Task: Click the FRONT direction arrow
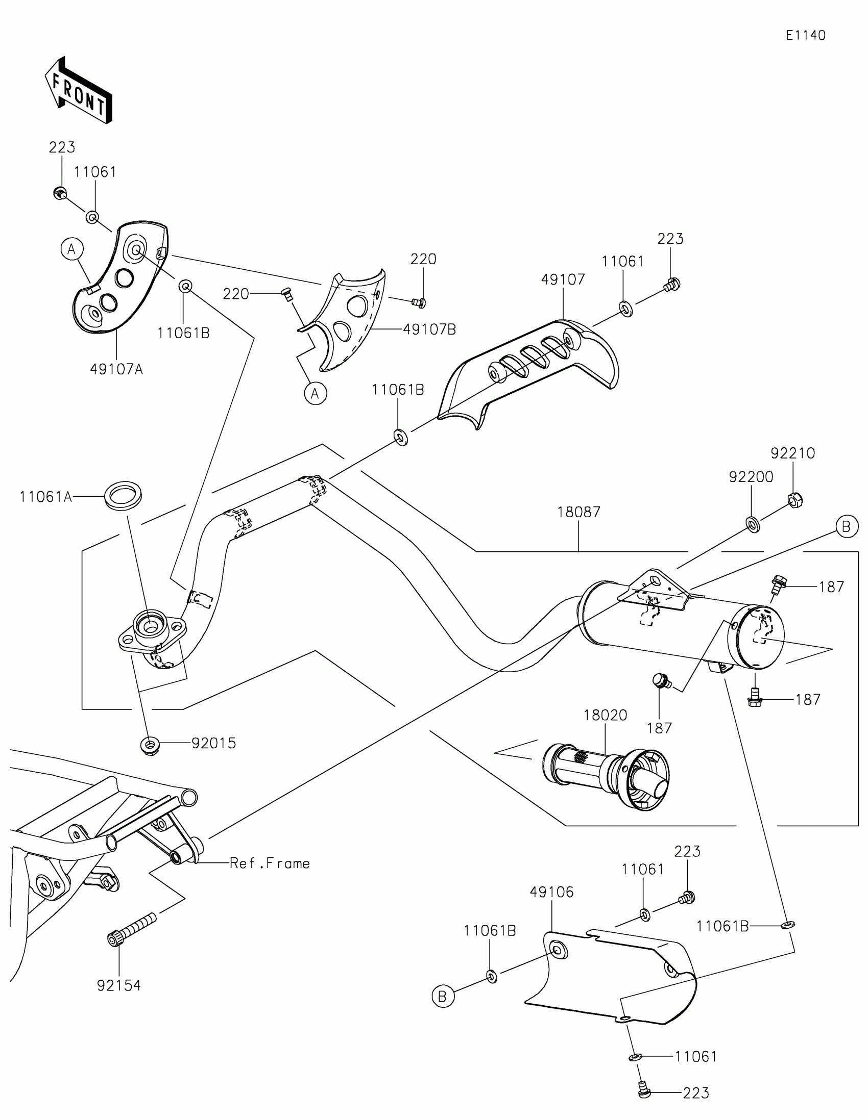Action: point(79,90)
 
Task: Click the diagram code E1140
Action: point(805,35)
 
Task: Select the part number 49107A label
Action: point(116,369)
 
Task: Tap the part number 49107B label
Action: point(429,329)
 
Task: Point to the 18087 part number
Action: point(578,512)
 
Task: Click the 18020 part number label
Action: point(605,716)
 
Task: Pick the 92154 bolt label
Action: point(119,986)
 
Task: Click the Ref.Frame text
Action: point(270,863)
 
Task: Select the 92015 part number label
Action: point(214,743)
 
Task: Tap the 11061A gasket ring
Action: point(124,495)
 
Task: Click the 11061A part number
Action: point(45,496)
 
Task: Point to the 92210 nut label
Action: point(792,453)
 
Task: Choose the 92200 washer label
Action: point(751,477)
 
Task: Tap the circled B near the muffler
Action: point(847,527)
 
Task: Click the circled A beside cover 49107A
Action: point(72,249)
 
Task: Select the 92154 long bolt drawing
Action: point(131,928)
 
